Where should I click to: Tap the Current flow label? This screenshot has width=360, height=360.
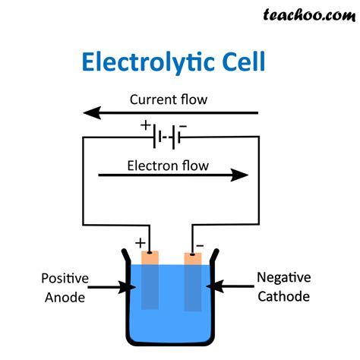168,99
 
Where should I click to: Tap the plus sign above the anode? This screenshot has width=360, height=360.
140,243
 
